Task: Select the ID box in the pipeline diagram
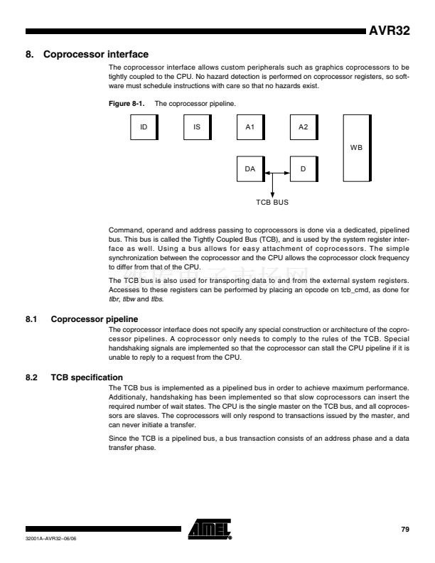(x=144, y=128)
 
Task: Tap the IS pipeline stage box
(x=197, y=128)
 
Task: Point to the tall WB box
(x=357, y=147)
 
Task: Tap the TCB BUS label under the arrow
(x=272, y=202)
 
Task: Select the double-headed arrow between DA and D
(x=277, y=171)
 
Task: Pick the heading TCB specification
(x=87, y=376)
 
